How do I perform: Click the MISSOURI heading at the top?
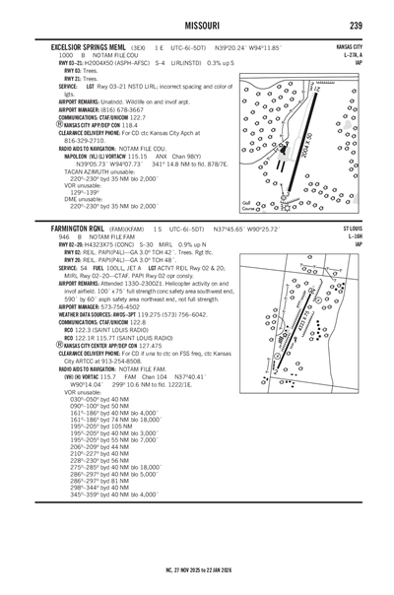[197, 23]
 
